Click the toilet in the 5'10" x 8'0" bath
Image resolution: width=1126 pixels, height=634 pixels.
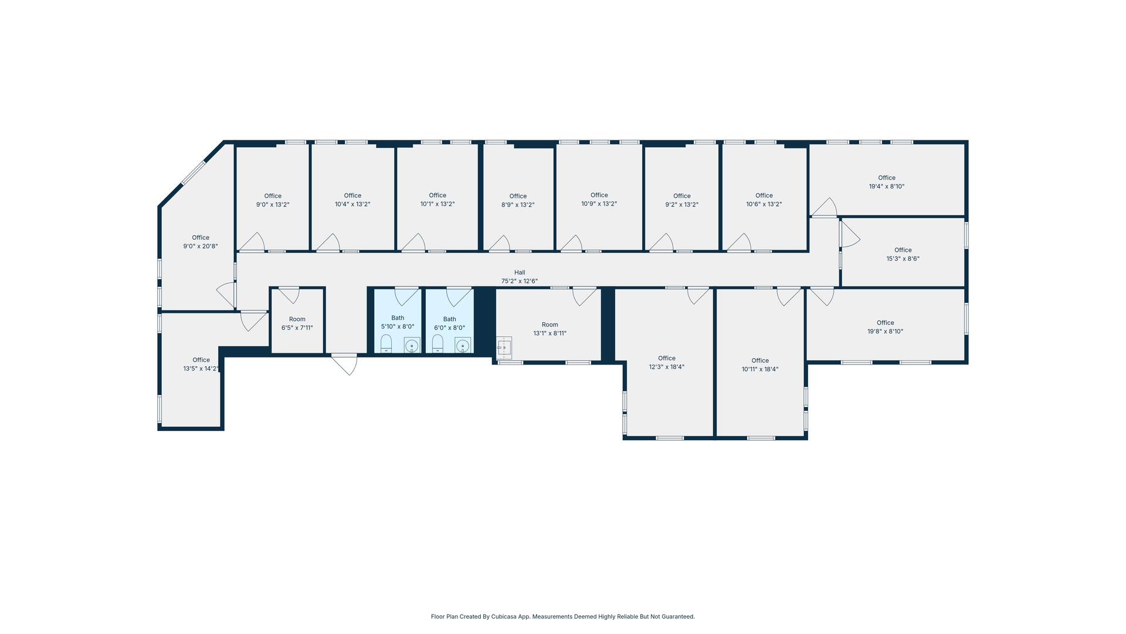pos(386,343)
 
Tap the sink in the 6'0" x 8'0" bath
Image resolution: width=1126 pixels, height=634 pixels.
pos(463,346)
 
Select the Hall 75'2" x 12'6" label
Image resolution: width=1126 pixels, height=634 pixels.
pos(520,277)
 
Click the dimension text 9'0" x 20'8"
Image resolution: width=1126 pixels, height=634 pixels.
pos(201,247)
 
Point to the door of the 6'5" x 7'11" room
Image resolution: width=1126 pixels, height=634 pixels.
pos(289,294)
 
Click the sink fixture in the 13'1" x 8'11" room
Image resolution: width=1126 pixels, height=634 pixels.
pos(504,348)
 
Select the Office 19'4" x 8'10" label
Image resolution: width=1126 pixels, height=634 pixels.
pos(887,182)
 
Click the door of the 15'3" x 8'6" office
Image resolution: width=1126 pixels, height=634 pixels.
pos(849,234)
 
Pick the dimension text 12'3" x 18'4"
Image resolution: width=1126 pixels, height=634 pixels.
pos(667,367)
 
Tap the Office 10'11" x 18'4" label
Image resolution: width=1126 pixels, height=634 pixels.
pos(760,365)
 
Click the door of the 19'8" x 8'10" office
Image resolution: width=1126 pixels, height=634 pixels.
pos(822,296)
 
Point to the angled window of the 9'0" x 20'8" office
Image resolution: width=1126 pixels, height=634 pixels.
pos(193,173)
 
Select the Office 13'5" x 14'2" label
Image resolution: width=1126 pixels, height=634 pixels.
pos(201,365)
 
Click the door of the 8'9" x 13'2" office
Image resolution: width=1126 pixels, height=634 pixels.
pos(500,244)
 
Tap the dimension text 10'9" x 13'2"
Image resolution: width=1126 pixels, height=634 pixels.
pos(599,204)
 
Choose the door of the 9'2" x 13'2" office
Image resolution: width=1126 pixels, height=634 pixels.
pos(662,242)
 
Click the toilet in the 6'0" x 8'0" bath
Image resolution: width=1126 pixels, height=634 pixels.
pos(437,343)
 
